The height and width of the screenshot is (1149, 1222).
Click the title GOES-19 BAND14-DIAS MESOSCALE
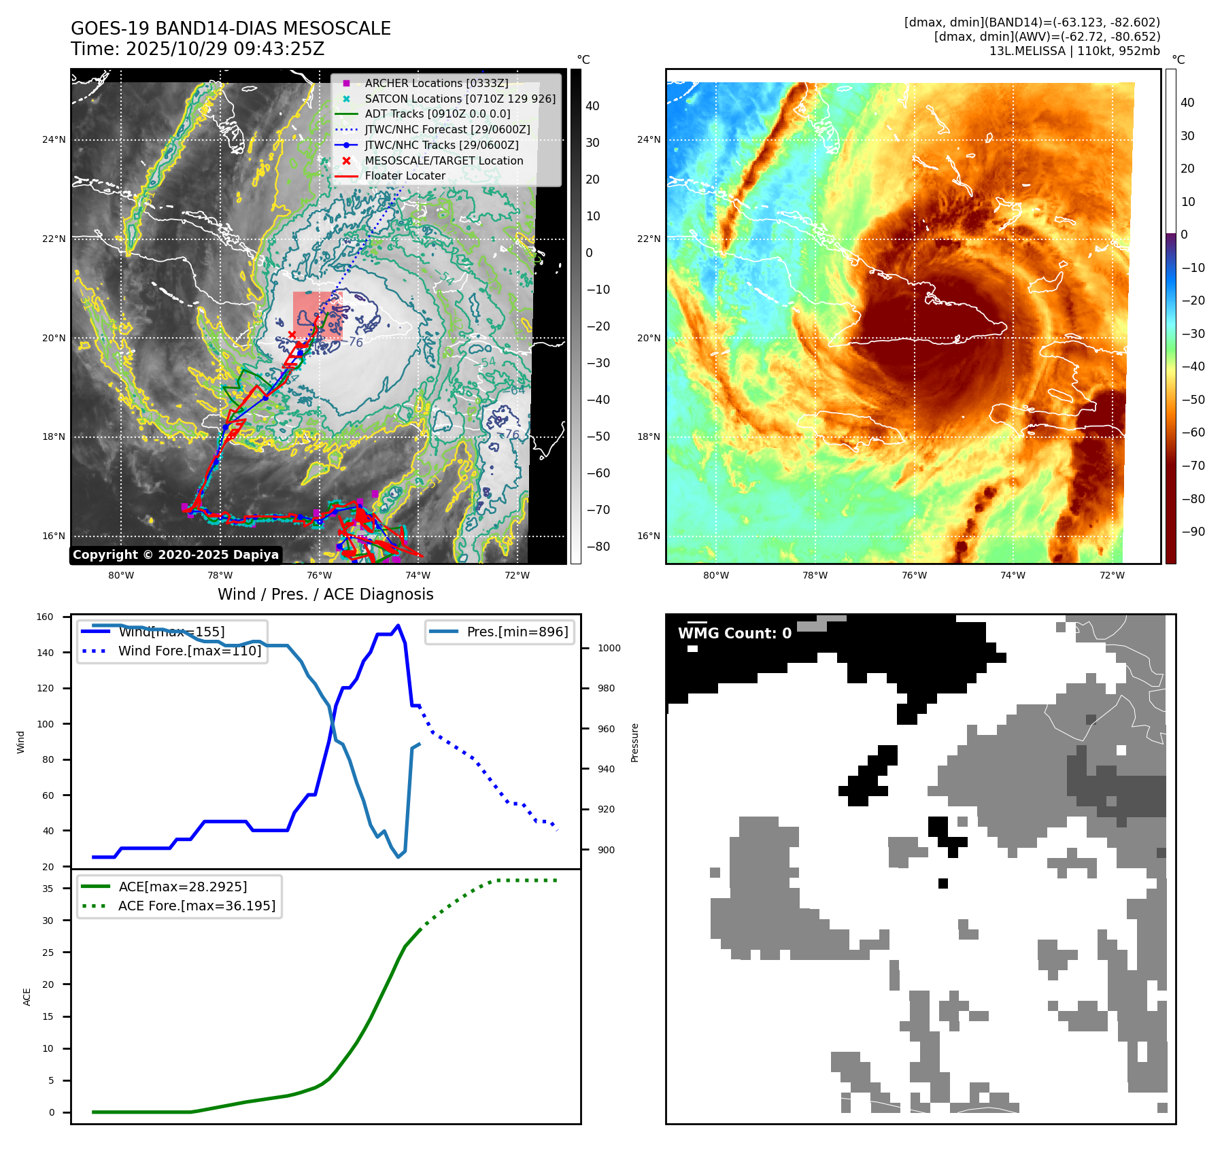[231, 29]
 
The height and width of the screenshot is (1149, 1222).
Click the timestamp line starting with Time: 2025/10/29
[197, 49]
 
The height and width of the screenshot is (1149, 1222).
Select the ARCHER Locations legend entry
[436, 83]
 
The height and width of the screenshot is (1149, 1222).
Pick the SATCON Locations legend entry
[460, 99]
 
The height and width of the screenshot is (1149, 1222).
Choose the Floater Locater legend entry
[405, 175]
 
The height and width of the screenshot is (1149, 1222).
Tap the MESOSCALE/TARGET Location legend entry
[443, 160]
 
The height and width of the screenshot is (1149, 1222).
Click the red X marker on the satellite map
[292, 335]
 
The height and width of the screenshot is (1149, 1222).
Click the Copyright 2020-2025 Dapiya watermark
[175, 555]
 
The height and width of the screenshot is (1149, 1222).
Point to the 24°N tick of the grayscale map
[54, 140]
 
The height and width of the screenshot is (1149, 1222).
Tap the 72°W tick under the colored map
[1112, 575]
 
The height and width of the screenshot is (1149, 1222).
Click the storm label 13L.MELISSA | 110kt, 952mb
[1074, 51]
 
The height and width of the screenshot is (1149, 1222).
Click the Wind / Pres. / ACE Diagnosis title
[325, 594]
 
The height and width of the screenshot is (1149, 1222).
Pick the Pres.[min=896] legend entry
[517, 632]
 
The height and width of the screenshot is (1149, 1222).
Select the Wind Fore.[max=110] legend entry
[189, 651]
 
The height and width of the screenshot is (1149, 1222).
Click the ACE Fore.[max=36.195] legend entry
[197, 906]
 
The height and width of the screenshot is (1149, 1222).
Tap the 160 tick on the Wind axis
[45, 617]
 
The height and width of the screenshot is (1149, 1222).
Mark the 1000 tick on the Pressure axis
[609, 648]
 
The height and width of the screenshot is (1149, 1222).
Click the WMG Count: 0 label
[734, 633]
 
